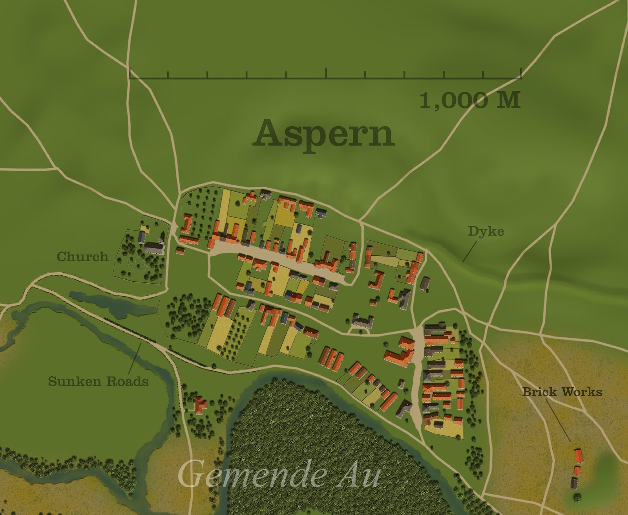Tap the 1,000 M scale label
click(470, 100)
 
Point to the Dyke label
click(486, 231)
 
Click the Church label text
click(82, 257)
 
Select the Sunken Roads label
click(98, 381)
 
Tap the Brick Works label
click(562, 391)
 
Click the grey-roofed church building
click(154, 248)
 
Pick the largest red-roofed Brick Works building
click(578, 456)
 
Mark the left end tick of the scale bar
click(130, 73)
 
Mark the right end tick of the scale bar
click(520, 73)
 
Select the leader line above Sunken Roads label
click(135, 358)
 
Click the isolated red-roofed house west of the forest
click(200, 405)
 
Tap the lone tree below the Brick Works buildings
click(576, 497)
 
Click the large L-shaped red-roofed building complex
click(400, 354)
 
